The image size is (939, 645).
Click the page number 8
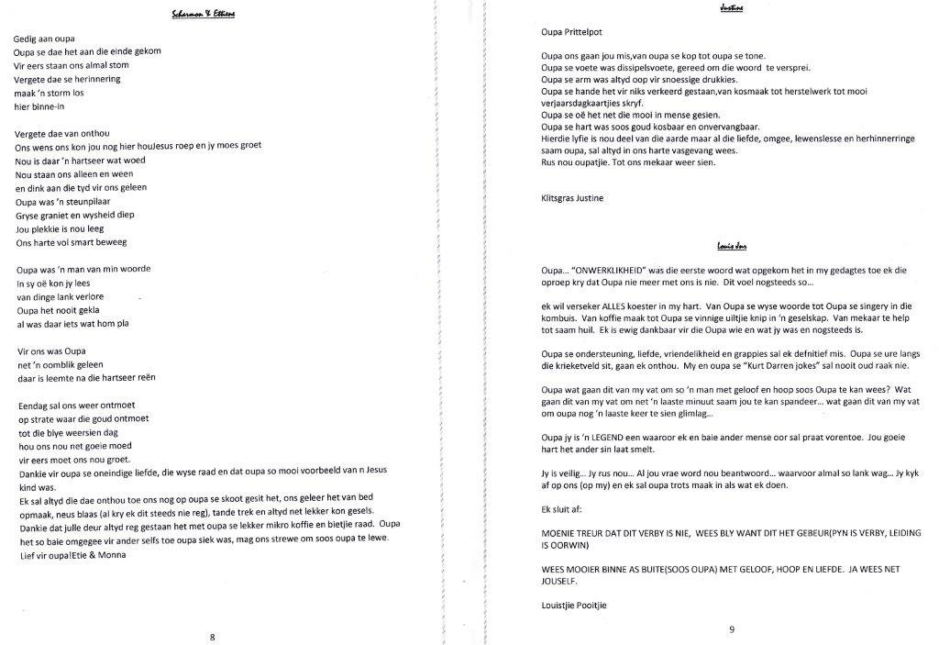click(213, 636)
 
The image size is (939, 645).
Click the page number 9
click(732, 628)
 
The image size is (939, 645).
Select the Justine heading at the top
click(731, 7)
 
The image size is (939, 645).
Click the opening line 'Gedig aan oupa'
click(45, 38)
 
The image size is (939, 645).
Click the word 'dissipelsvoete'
click(646, 67)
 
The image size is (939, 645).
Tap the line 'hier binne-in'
click(40, 106)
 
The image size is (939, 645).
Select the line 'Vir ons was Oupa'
click(50, 351)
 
